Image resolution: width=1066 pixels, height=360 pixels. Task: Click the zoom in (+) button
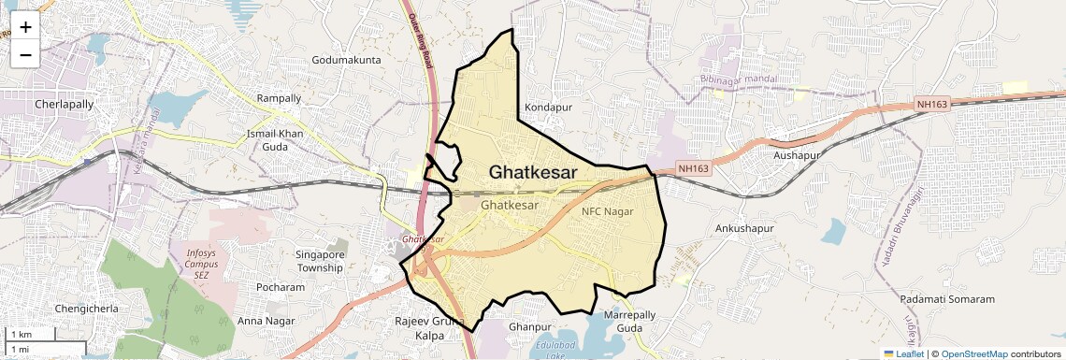point(25,26)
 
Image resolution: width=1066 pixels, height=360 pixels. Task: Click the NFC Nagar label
point(608,211)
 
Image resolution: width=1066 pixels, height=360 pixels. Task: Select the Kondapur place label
point(548,108)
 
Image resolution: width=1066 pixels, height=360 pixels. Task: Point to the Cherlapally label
point(65,104)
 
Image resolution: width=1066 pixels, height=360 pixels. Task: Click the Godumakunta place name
point(347,60)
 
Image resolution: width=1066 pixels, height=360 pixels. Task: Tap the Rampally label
point(280,98)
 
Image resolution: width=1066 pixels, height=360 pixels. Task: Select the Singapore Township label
point(320,261)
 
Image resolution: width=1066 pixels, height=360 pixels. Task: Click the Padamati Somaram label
point(948,298)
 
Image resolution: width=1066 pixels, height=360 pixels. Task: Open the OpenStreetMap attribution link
point(973,353)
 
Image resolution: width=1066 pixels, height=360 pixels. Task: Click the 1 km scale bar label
point(22,335)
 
